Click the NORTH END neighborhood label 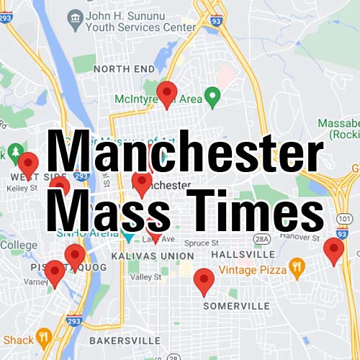124,68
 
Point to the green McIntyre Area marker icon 212,95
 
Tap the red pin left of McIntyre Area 167,94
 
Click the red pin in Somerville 204,281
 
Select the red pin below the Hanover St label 333,251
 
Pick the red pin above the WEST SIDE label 28,163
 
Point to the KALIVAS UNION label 153,256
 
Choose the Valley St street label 146,276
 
